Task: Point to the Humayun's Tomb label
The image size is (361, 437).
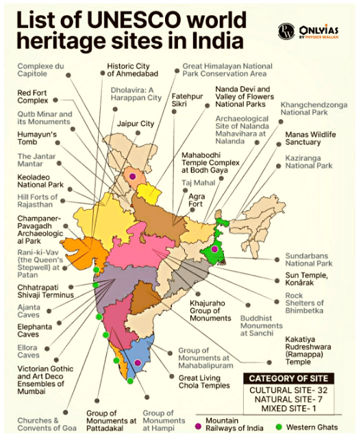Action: pyautogui.click(x=36, y=138)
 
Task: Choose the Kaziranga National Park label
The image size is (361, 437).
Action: pyautogui.click(x=309, y=161)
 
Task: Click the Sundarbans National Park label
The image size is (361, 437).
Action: pyautogui.click(x=309, y=259)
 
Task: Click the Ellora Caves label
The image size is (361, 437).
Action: pyautogui.click(x=28, y=351)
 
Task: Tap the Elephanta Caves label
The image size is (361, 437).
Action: pyautogui.click(x=34, y=331)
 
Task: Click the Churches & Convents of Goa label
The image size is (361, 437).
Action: pyautogui.click(x=38, y=424)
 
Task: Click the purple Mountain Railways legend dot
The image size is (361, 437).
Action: pyautogui.click(x=199, y=426)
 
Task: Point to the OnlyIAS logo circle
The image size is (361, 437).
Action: pyautogui.click(x=286, y=32)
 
